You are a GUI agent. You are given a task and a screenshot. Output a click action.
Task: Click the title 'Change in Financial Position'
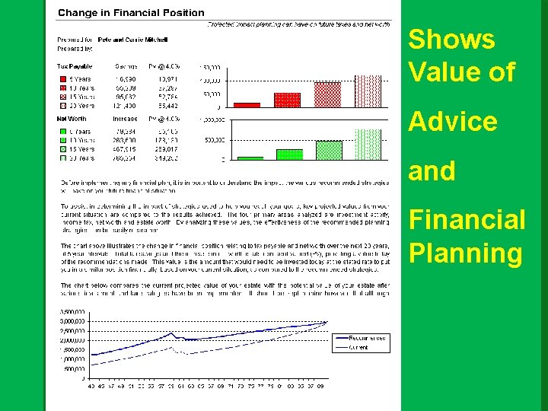coord(131,12)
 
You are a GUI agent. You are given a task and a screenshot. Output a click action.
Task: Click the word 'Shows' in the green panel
coord(451,40)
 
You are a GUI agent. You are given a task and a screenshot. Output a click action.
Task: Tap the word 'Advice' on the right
coord(453,121)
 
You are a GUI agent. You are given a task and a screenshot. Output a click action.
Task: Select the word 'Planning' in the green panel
coord(466,253)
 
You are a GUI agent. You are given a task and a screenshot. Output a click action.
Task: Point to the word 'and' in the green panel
coord(432,171)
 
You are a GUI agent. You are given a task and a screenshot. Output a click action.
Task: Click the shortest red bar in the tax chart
coord(247,104)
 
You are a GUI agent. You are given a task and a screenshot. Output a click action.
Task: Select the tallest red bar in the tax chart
coord(368,91)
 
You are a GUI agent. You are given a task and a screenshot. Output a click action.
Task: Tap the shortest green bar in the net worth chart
coord(250,158)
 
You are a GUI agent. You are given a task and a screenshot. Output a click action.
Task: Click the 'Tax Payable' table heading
coord(74,66)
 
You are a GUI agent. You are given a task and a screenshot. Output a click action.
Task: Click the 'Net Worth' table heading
coord(72,119)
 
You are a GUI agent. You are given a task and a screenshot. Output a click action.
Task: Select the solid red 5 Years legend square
coord(63,78)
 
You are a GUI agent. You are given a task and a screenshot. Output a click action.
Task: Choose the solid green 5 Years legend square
coord(63,130)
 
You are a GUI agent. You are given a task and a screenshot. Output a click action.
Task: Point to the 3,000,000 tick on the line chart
coord(74,322)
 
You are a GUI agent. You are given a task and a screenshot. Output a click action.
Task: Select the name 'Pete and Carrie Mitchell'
coord(133,39)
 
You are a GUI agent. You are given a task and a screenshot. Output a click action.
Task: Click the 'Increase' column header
coord(126,119)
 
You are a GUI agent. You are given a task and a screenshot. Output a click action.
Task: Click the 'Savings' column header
coord(126,66)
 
